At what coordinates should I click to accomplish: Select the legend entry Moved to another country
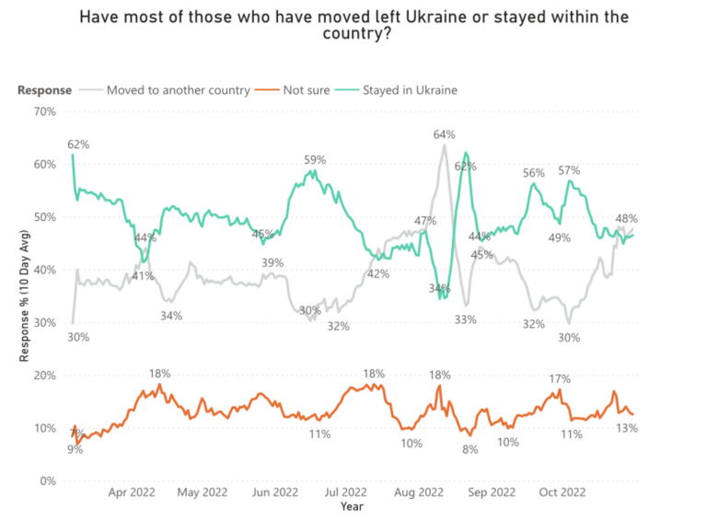point(178,90)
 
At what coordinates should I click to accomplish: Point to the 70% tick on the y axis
point(44,111)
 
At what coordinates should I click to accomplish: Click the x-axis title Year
point(352,506)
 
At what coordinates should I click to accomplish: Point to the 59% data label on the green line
point(316,160)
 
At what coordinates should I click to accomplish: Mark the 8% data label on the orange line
point(470,450)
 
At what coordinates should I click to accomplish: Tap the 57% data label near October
point(569,171)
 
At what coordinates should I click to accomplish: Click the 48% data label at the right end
point(627,219)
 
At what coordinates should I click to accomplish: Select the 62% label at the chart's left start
point(78,145)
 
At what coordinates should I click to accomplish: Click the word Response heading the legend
point(44,90)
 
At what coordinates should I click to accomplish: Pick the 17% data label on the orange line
point(560,379)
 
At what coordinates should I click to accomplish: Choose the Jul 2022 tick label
point(347,493)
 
